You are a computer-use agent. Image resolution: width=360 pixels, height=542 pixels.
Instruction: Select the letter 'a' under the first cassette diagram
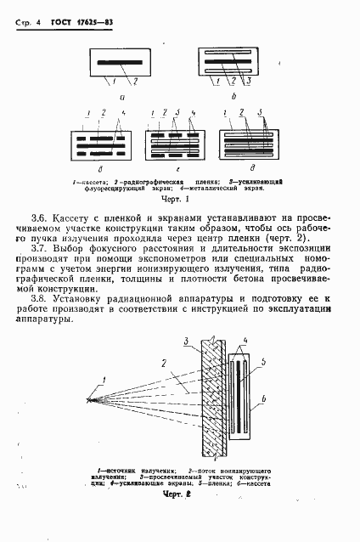[x=122, y=97]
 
